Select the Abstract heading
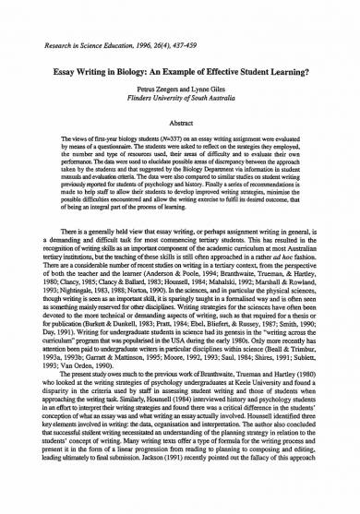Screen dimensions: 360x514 (180, 120)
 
